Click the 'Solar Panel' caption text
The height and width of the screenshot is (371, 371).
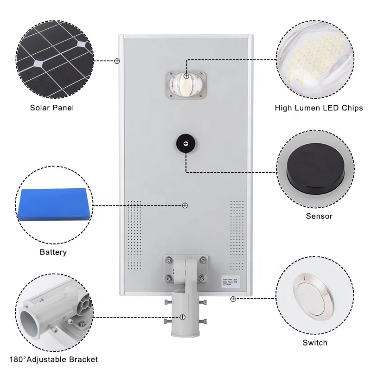click(x=51, y=108)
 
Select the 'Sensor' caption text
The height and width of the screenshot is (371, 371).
click(x=319, y=216)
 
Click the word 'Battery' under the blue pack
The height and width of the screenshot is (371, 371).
click(x=53, y=252)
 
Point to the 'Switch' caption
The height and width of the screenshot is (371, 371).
click(x=315, y=343)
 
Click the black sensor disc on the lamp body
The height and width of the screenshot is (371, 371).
click(x=185, y=144)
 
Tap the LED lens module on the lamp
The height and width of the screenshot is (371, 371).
click(x=185, y=84)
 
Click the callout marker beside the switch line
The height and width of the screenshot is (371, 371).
click(x=233, y=299)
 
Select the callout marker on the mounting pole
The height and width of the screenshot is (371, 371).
click(x=183, y=317)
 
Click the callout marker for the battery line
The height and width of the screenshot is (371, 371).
click(x=185, y=205)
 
